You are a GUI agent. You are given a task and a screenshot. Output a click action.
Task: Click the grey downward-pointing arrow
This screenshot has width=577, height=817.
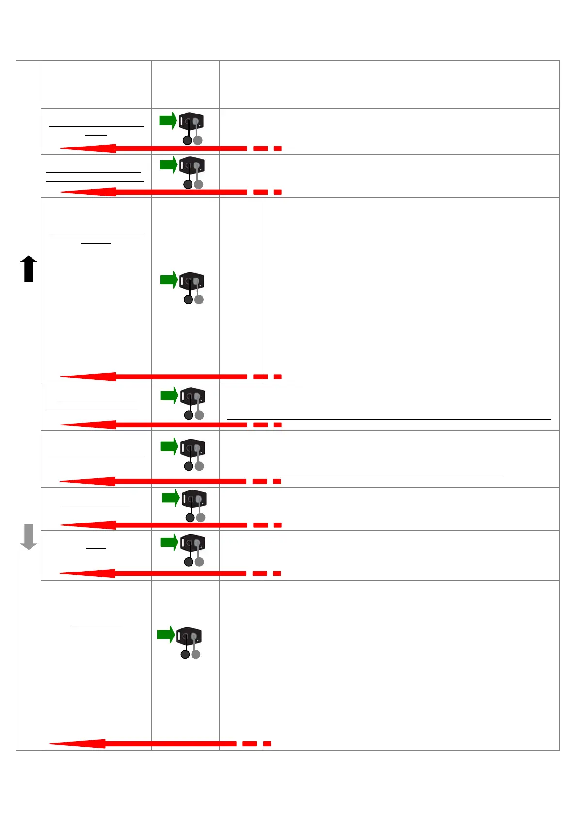coord(29,537)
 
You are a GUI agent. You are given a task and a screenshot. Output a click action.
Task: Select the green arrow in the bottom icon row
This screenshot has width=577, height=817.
coord(166,635)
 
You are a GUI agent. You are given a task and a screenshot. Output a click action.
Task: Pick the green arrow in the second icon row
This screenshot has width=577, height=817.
coord(169,165)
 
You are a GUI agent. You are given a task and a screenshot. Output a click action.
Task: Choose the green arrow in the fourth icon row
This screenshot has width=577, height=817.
coord(170,395)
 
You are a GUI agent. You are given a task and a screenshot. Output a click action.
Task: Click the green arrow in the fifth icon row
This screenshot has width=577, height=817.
coord(170,446)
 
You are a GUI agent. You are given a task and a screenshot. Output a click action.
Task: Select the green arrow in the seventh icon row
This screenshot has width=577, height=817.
coord(170,542)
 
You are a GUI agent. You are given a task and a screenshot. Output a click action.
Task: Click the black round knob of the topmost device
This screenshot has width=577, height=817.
coord(187,141)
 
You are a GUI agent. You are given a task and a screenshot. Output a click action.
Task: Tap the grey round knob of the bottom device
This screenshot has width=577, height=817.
coord(196,654)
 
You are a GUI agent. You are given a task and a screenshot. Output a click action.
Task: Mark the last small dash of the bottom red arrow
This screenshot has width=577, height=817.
coord(267,744)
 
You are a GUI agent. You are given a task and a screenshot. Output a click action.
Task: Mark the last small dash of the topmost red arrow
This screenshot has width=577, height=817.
coord(278,148)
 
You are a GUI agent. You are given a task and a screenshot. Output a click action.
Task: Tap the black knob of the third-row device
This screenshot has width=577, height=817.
coord(188,300)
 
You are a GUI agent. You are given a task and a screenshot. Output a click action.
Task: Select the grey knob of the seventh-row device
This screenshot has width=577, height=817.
coord(199,562)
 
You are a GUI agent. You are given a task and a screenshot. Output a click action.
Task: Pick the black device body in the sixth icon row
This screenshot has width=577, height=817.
coord(194,498)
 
